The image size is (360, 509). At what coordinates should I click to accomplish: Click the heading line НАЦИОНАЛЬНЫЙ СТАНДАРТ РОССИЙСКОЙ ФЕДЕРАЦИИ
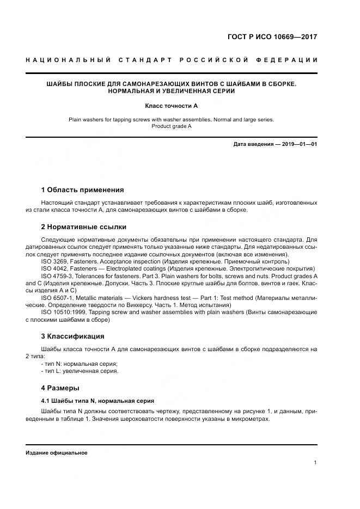pyautogui.click(x=172, y=59)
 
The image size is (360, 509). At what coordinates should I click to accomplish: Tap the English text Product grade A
pyautogui.click(x=171, y=126)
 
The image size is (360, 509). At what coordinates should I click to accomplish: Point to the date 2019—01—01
pyautogui.click(x=300, y=144)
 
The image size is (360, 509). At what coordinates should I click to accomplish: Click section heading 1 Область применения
pyautogui.click(x=82, y=190)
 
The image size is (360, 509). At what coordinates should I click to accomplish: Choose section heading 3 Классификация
pyautogui.click(x=72, y=336)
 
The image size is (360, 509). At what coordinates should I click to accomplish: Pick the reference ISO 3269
pyautogui.click(x=54, y=261)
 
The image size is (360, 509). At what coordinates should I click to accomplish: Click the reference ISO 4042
pyautogui.click(x=54, y=268)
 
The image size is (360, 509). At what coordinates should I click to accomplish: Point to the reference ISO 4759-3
pyautogui.click(x=57, y=276)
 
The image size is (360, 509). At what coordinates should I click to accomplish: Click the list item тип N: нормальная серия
pyautogui.click(x=79, y=364)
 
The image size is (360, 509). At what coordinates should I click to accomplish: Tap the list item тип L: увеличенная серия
pyautogui.click(x=80, y=371)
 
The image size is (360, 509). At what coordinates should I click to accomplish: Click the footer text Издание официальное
pyautogui.click(x=57, y=453)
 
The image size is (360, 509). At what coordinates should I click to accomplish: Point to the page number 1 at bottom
pyautogui.click(x=315, y=463)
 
